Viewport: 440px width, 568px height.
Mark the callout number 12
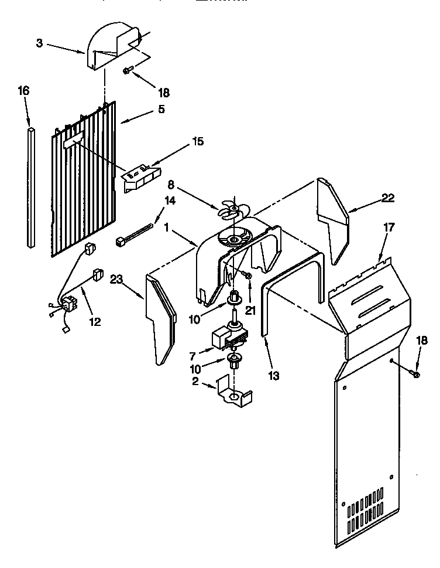[94, 321]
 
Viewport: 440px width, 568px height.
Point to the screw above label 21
[248, 274]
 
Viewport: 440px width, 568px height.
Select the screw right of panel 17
[415, 373]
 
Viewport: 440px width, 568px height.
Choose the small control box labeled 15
[141, 176]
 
